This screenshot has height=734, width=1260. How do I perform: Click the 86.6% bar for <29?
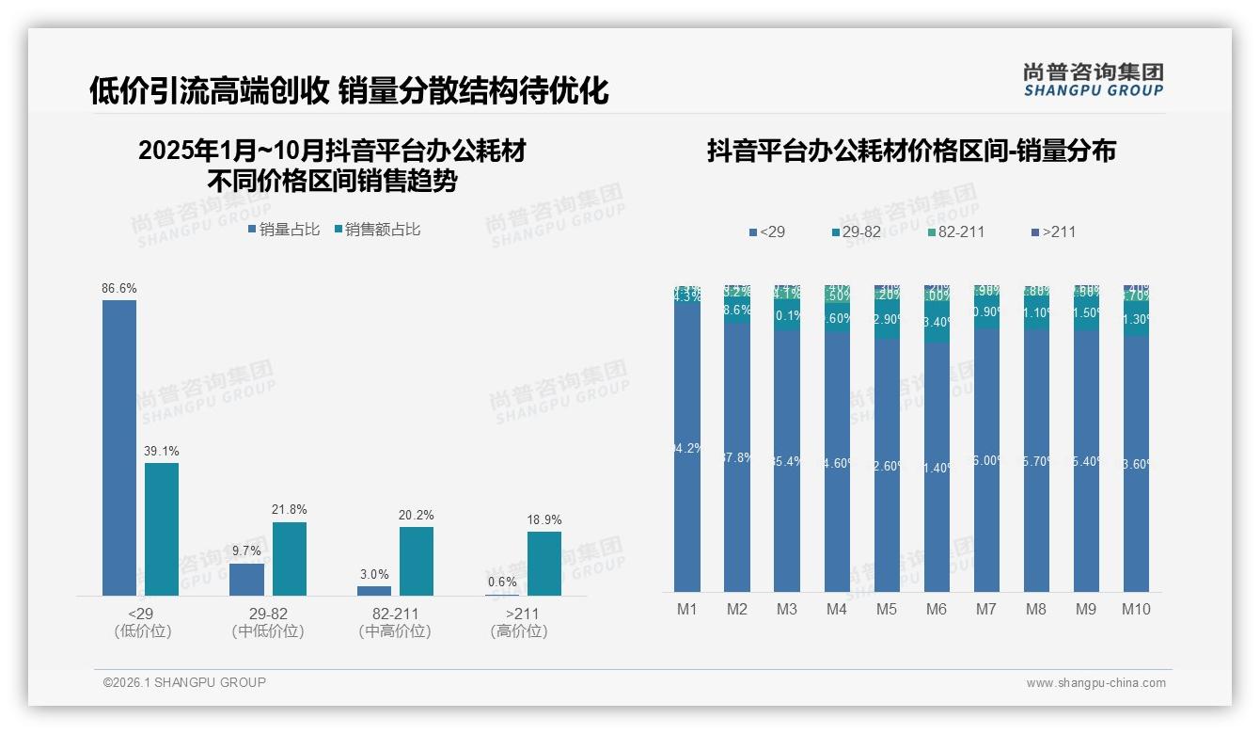click(119, 447)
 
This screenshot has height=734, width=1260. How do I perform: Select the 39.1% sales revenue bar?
click(162, 529)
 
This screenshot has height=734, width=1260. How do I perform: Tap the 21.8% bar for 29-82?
click(290, 559)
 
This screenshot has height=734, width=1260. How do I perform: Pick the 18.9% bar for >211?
click(543, 564)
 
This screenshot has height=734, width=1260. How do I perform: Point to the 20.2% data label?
click(417, 516)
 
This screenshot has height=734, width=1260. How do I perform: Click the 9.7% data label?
click(246, 551)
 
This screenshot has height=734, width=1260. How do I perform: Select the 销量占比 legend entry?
click(284, 230)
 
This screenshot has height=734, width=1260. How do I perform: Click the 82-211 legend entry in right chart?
click(955, 231)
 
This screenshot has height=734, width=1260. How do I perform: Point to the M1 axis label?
click(687, 609)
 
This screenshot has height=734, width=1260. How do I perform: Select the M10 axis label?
click(1136, 609)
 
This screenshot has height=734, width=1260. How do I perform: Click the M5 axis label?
click(887, 609)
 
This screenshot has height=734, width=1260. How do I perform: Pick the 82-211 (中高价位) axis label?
click(395, 622)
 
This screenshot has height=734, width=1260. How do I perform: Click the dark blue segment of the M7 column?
click(986, 461)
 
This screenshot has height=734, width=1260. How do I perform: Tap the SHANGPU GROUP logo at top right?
click(1093, 80)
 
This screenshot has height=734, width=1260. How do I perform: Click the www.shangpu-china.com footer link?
click(1095, 683)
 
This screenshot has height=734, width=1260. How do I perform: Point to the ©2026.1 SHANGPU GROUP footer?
click(184, 682)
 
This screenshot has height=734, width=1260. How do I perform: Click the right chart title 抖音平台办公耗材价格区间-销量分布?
click(911, 151)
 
